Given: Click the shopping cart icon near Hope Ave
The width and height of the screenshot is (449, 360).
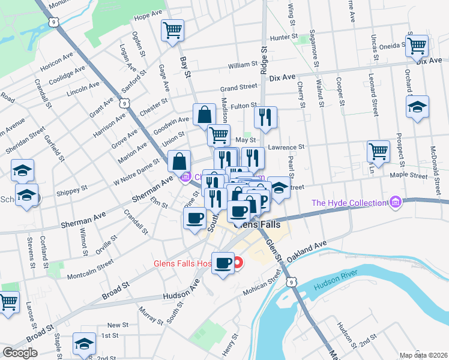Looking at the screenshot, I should click(172, 29).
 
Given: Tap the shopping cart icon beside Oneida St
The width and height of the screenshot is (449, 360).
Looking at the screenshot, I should click(417, 45).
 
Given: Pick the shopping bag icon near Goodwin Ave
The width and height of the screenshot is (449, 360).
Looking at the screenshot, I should click(204, 113).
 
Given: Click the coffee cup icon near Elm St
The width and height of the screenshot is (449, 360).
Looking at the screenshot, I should click(194, 218).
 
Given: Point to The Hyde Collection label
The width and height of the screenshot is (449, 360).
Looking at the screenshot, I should click(348, 202).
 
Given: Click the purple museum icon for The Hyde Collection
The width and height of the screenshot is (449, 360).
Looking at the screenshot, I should click(394, 203).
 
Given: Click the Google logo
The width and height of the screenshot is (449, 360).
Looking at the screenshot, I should click(20, 352).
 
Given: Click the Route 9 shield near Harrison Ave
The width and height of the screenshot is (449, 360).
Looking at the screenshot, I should click(124, 104).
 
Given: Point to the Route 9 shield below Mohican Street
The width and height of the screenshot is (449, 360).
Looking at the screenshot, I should click(292, 281).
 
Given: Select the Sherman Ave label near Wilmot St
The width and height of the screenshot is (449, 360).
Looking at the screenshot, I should click(83, 219).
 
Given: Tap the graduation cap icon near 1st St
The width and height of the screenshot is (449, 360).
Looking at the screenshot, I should click(83, 343).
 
